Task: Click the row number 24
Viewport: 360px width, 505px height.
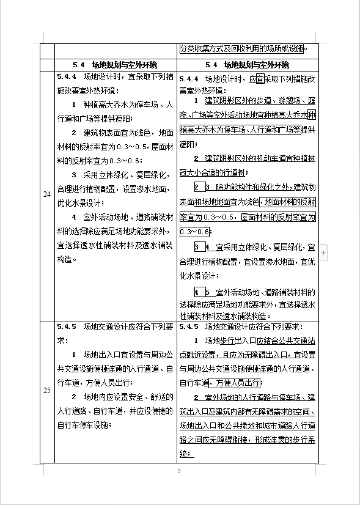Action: (47, 194)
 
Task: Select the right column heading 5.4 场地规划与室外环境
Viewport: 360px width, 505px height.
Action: (247, 64)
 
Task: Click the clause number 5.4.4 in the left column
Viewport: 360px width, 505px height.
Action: (66, 78)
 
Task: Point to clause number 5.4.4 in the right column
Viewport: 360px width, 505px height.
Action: (189, 78)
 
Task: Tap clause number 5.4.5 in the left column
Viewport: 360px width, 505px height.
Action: (66, 326)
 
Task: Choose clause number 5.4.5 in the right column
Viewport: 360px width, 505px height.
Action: (189, 326)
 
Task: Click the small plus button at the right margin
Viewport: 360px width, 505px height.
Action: (324, 251)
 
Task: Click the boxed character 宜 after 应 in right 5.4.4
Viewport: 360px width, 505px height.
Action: (260, 79)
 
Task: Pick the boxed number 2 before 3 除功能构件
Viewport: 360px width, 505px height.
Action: (197, 186)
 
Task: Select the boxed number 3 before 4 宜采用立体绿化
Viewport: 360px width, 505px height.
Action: (197, 247)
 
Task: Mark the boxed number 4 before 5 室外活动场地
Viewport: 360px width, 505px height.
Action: (197, 292)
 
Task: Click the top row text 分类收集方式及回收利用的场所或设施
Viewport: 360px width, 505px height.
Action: (242, 49)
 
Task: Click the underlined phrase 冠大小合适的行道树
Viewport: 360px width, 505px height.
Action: (212, 172)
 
